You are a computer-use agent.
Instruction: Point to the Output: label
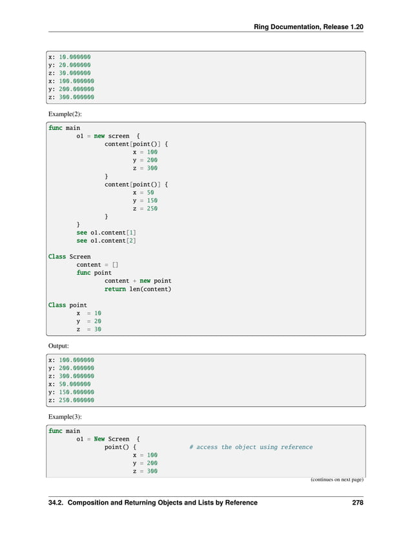[x=59, y=346]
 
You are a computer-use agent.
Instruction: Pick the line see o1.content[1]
[x=106, y=233]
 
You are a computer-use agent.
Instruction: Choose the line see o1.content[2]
[x=106, y=240]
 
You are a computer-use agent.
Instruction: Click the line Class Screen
[x=70, y=256]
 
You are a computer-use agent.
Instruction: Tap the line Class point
[x=68, y=305]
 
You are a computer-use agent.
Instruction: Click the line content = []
[x=98, y=265]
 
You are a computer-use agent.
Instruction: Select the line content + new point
[x=138, y=281]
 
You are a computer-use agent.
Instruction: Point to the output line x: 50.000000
[x=69, y=384]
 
